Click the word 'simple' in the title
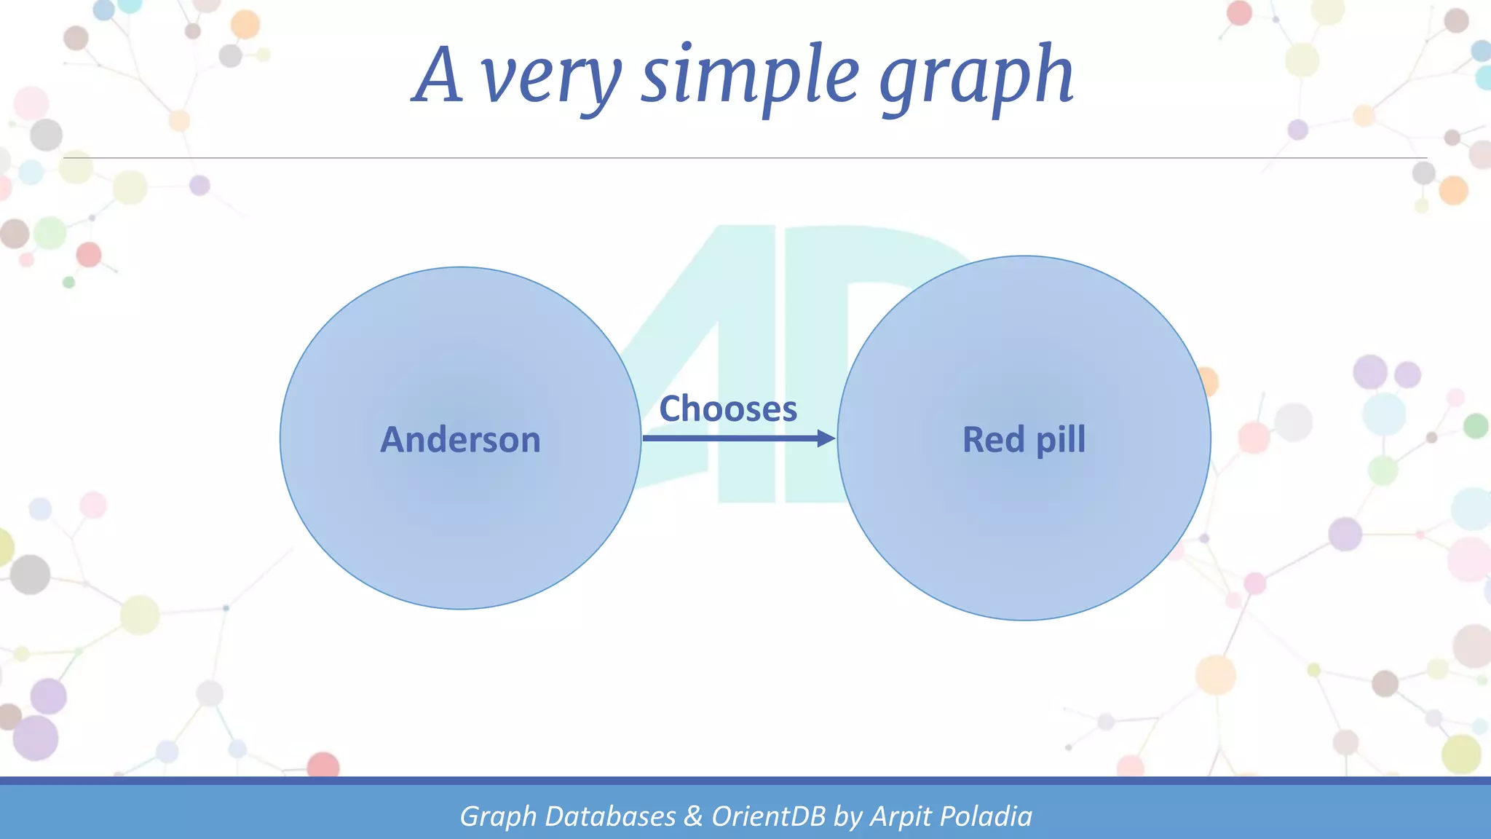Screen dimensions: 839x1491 tap(750, 75)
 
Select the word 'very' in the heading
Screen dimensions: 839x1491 tap(551, 79)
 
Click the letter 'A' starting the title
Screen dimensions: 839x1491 tap(438, 75)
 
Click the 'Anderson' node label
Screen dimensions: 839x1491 tap(460, 440)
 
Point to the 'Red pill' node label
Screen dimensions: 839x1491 tap(1024, 440)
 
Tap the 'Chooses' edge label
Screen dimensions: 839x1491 tap(728, 409)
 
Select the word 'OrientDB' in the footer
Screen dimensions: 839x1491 tap(768, 816)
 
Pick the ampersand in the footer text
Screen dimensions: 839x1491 tap(693, 816)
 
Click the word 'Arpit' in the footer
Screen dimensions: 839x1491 tap(901, 816)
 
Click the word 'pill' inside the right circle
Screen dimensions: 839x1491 tap(1061, 440)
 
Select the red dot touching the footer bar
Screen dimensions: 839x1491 tap(323, 765)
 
